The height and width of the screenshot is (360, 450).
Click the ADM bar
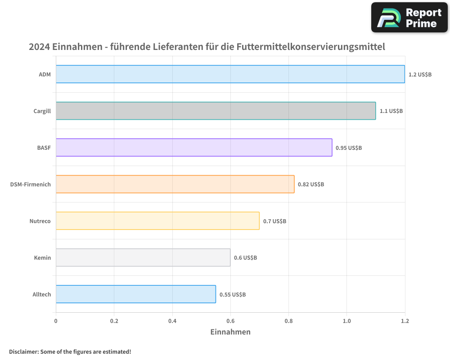click(x=230, y=74)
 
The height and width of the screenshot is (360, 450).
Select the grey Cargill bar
click(x=216, y=111)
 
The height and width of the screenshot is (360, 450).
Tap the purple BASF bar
click(x=194, y=147)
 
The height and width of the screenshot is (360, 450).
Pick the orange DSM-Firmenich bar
click(x=175, y=184)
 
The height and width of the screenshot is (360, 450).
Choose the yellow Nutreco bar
click(x=157, y=220)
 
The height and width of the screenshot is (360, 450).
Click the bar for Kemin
click(x=143, y=257)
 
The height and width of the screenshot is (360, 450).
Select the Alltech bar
click(x=136, y=294)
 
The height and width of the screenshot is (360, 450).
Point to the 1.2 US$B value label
click(x=420, y=74)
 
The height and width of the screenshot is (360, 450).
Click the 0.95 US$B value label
click(x=349, y=148)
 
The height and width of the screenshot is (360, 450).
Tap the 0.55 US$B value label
click(x=233, y=294)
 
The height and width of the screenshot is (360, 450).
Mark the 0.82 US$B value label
click(x=311, y=184)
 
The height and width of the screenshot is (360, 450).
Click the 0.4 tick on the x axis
click(x=172, y=321)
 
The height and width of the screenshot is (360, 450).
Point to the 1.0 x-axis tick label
click(x=346, y=321)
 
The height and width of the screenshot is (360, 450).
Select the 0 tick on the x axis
click(x=56, y=321)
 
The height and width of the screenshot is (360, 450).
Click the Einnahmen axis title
click(x=230, y=332)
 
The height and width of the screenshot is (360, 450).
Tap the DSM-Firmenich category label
click(x=31, y=184)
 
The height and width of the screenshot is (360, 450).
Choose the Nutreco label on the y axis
click(x=40, y=221)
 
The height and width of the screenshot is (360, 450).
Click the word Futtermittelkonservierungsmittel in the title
click(x=310, y=47)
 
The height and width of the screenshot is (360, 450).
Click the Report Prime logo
click(x=409, y=18)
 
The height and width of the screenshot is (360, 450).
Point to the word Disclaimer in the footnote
click(x=23, y=351)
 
